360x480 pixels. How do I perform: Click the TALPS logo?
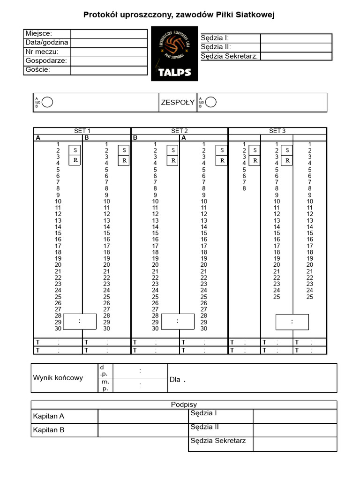coord(174,54)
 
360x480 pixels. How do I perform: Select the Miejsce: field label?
coord(39,33)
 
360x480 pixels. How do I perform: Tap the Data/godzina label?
coord(47,42)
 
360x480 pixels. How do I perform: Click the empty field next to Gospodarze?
coord(108,61)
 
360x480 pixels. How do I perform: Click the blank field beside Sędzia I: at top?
coord(296,38)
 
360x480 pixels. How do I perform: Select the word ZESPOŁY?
coord(178,103)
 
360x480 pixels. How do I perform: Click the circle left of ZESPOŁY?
coord(48,102)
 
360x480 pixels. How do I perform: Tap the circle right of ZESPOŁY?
coord(212,102)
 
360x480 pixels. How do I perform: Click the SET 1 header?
coord(82,131)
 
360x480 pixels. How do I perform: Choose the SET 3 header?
coord(277,131)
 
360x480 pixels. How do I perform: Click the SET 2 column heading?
coord(180,131)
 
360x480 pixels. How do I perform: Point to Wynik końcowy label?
coord(58,378)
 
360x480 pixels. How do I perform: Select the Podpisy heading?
coord(184,405)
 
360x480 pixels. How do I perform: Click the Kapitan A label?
coord(49,416)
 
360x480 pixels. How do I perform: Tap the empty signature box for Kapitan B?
coord(143,430)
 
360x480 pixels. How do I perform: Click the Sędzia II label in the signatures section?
coord(205,427)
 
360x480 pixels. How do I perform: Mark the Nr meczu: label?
coord(42,52)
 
